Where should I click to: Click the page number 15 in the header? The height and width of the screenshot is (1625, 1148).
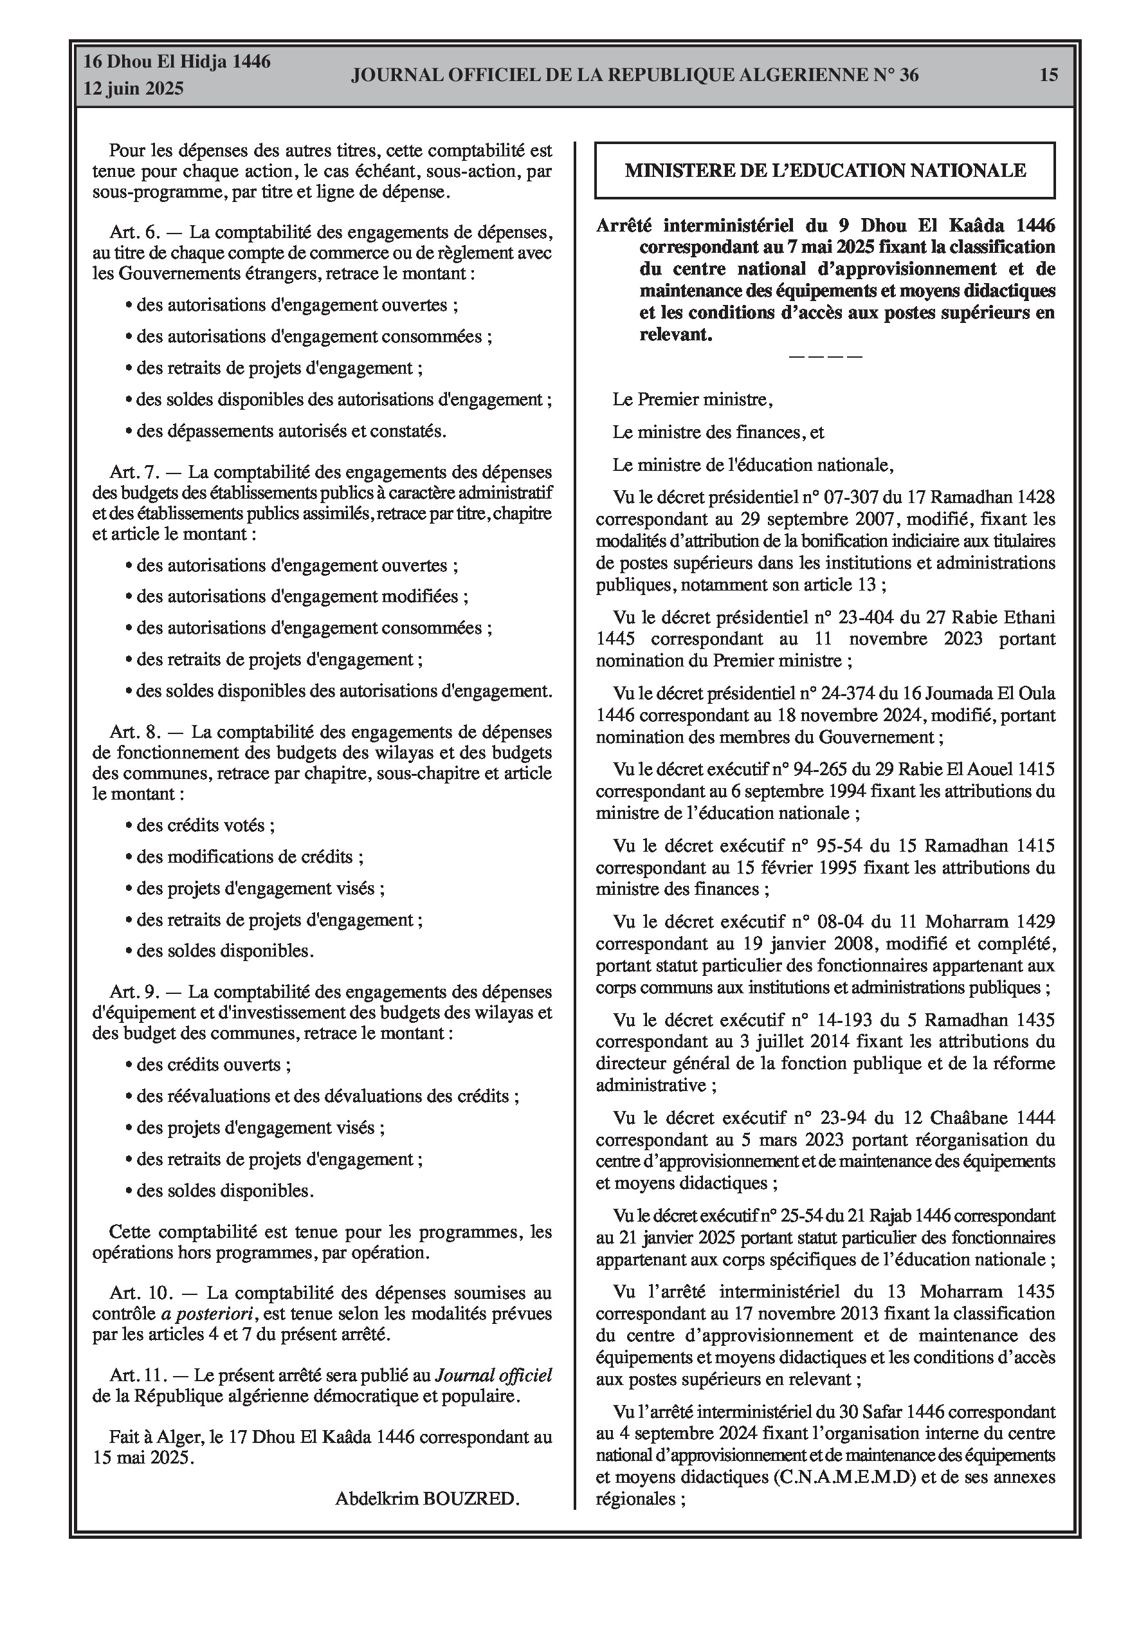[1048, 75]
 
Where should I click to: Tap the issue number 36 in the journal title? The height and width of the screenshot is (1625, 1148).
[909, 75]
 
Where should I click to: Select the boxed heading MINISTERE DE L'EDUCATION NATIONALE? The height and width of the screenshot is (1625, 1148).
[825, 170]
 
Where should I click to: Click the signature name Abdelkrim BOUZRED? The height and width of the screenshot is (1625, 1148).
[427, 1498]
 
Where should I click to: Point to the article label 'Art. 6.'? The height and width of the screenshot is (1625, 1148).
[135, 232]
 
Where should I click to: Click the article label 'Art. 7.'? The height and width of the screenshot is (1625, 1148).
[135, 472]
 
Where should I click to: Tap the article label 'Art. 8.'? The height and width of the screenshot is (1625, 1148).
[135, 732]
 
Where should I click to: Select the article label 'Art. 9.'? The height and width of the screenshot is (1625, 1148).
[135, 991]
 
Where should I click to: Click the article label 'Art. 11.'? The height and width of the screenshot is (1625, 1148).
[139, 1375]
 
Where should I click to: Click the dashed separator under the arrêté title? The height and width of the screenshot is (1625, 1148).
[825, 356]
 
